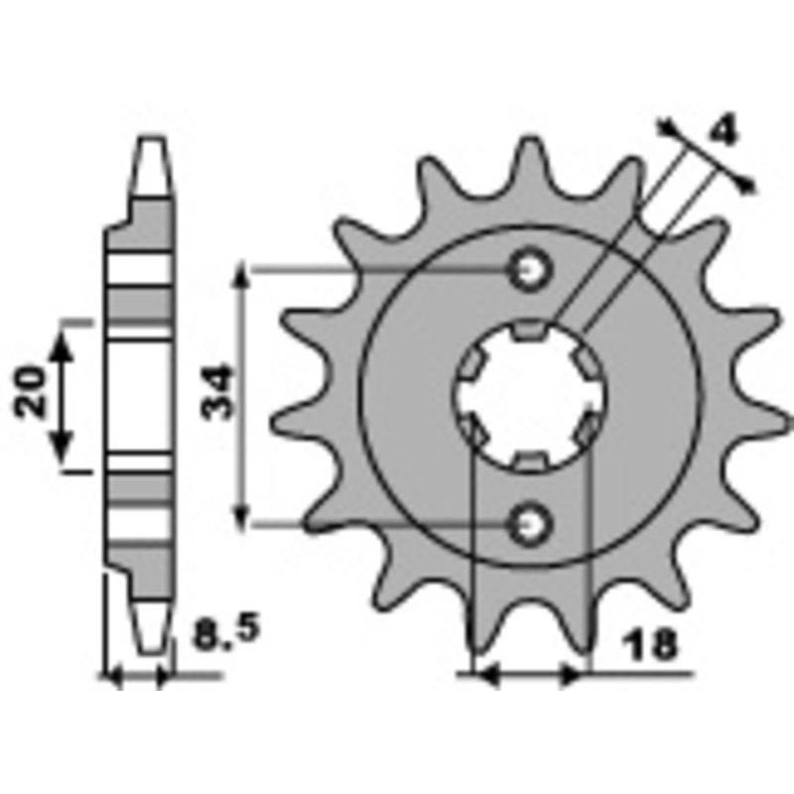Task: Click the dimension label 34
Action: pyautogui.click(x=218, y=392)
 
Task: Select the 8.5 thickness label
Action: pyautogui.click(x=226, y=632)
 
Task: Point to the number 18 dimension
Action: pyautogui.click(x=650, y=646)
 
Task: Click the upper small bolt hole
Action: pyautogui.click(x=530, y=270)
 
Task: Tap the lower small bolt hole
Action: pyautogui.click(x=530, y=524)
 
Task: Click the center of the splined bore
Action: pyautogui.click(x=530, y=396)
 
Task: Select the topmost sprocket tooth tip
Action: pyautogui.click(x=530, y=138)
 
